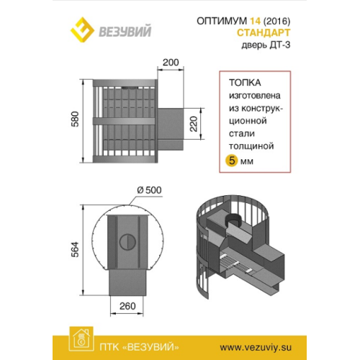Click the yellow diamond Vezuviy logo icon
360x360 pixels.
tap(82, 30)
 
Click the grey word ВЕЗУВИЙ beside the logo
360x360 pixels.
tap(125, 32)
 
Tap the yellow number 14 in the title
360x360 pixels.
tap(255, 21)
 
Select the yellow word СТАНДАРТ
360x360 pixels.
tap(264, 32)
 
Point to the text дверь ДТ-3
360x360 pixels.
tap(266, 45)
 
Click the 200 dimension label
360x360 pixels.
tap(171, 63)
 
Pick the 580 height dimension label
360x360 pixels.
tap(75, 119)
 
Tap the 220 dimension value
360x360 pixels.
tap(194, 124)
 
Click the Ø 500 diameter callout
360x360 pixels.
tap(149, 190)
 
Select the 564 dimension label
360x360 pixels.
tap(75, 250)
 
